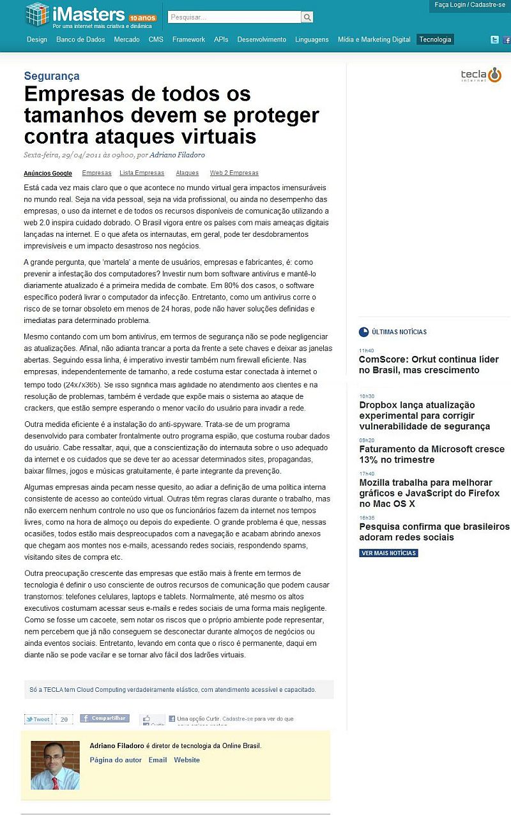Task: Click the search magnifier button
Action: click(307, 17)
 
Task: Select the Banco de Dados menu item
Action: click(80, 40)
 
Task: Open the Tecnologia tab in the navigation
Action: click(435, 40)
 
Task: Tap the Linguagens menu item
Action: click(312, 40)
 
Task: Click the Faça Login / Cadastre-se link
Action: click(469, 5)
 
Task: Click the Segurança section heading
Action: click(52, 76)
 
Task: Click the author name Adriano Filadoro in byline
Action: click(177, 154)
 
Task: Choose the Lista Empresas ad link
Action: click(142, 173)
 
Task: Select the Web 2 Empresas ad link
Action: click(234, 173)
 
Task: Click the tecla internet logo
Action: click(482, 75)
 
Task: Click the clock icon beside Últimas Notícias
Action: click(363, 332)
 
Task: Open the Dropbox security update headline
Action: click(424, 415)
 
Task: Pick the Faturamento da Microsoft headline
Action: click(432, 454)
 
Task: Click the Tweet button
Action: click(38, 719)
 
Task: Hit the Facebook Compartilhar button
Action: click(105, 719)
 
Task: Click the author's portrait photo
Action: click(55, 765)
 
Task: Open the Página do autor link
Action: click(116, 760)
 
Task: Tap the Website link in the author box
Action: click(187, 760)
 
